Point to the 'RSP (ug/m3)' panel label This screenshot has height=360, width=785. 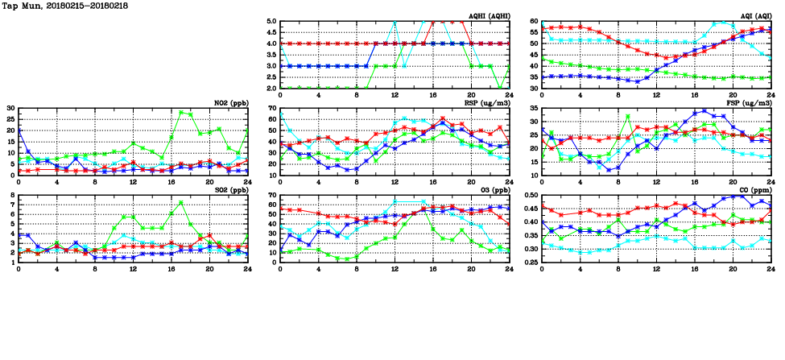point(485,103)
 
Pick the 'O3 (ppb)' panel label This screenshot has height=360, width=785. point(490,190)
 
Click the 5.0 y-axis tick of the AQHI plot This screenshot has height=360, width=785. point(271,22)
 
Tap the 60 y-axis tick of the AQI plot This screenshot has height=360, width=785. point(534,22)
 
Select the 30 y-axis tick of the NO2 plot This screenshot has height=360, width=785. point(10,108)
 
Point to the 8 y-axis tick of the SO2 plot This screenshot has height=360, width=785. point(12,195)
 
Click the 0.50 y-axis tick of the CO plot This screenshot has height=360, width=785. point(530,195)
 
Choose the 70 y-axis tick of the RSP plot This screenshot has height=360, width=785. point(272,108)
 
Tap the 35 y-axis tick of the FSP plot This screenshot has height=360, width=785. point(534,122)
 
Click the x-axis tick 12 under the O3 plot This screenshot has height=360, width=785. point(395,267)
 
